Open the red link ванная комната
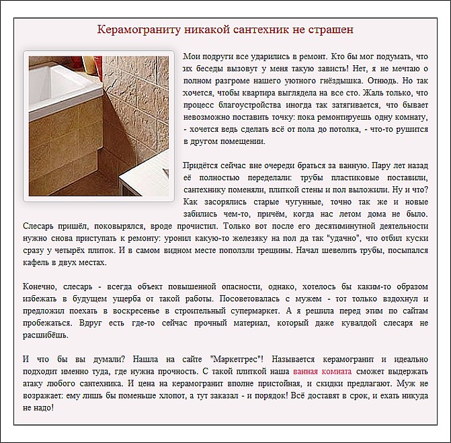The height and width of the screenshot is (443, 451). click(322, 370)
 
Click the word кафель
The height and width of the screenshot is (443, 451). click(36, 262)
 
